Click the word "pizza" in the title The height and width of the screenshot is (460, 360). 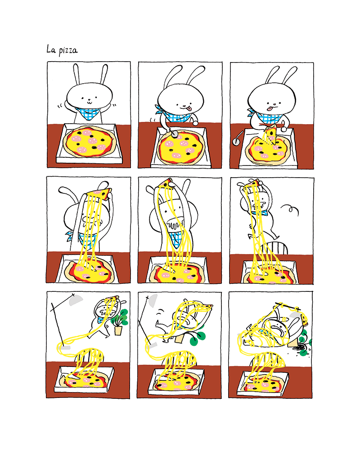tap(68, 50)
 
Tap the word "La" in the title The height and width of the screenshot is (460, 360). tap(51, 49)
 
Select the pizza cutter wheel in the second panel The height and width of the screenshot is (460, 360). tap(175, 134)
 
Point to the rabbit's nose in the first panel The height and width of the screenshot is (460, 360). tap(90, 99)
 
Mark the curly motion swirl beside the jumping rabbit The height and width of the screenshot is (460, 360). tap(290, 210)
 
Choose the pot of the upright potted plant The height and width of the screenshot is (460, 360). tap(118, 330)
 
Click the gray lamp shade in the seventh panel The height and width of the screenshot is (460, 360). tap(76, 300)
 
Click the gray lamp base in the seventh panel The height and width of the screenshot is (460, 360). tap(66, 347)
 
